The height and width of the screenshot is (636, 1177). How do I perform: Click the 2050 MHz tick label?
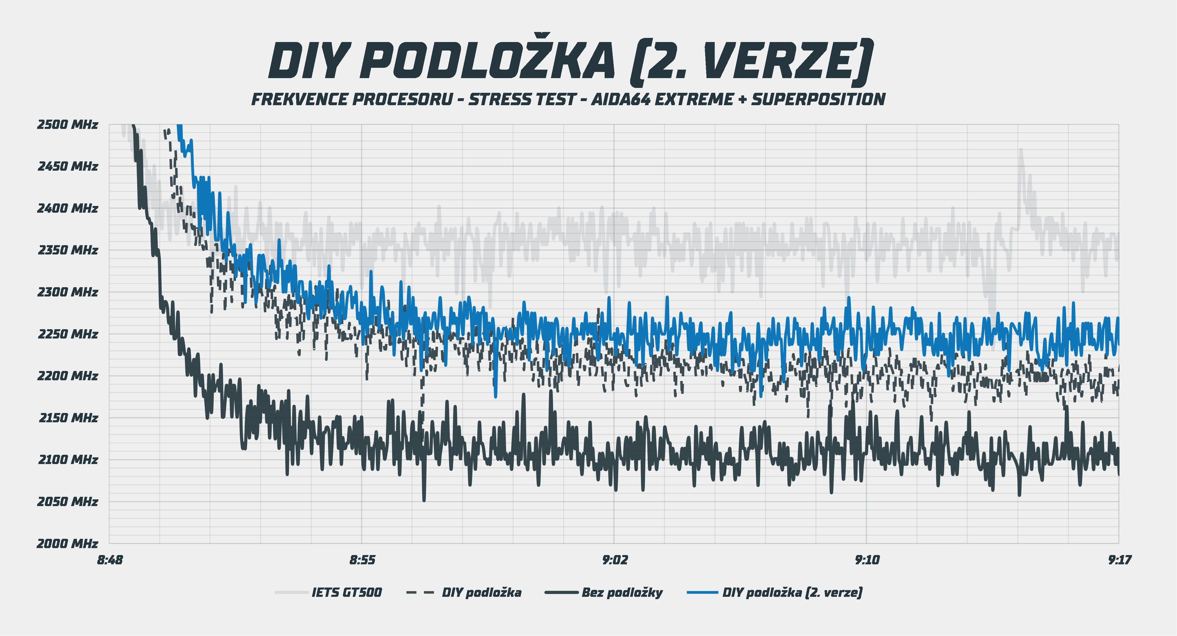click(x=68, y=502)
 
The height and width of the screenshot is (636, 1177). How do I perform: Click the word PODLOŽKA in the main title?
click(x=488, y=62)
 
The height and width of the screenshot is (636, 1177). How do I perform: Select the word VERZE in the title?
click(x=777, y=62)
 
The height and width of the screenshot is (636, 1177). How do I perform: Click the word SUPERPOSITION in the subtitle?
click(x=818, y=99)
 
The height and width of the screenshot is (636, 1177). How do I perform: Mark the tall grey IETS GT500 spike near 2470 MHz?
click(x=1021, y=151)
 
